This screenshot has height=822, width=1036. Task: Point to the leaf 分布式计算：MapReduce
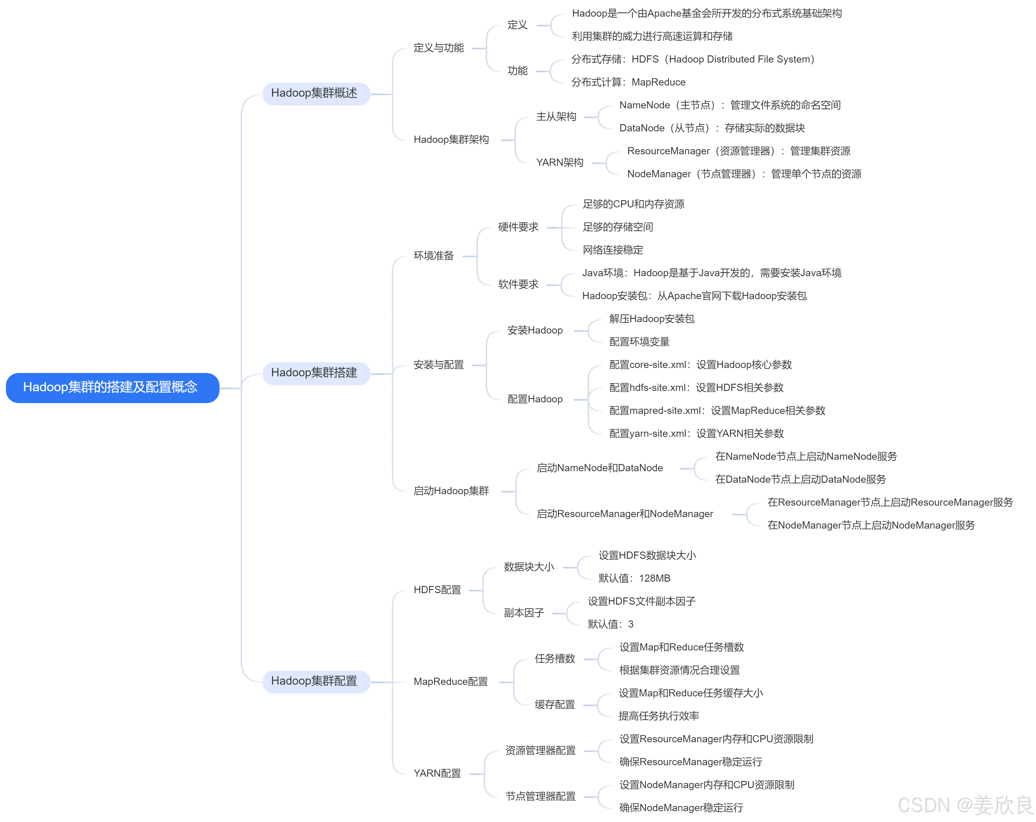628,82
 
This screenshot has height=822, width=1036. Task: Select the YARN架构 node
559,162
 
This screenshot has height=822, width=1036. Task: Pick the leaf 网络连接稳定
613,250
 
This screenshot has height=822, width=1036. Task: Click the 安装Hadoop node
535,330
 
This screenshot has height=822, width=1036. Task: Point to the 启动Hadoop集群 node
451,491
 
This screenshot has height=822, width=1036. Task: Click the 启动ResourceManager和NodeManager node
625,514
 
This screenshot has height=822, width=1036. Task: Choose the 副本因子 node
524,613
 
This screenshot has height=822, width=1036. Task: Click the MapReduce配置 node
450,682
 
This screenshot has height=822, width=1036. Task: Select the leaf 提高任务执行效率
658,716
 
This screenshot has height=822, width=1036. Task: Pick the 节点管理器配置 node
540,796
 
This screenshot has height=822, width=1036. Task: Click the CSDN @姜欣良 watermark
965,805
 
